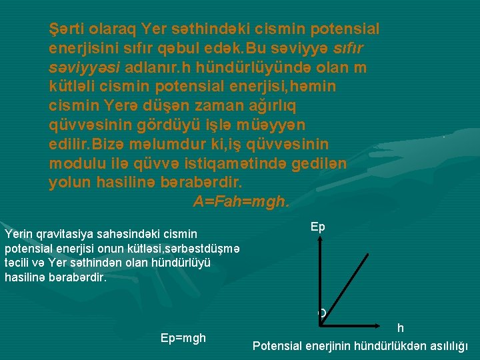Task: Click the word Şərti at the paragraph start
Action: pyautogui.click(x=70, y=29)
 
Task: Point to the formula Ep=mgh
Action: pyautogui.click(x=183, y=338)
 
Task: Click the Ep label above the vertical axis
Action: pyautogui.click(x=318, y=227)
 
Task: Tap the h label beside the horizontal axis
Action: pyautogui.click(x=400, y=328)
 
